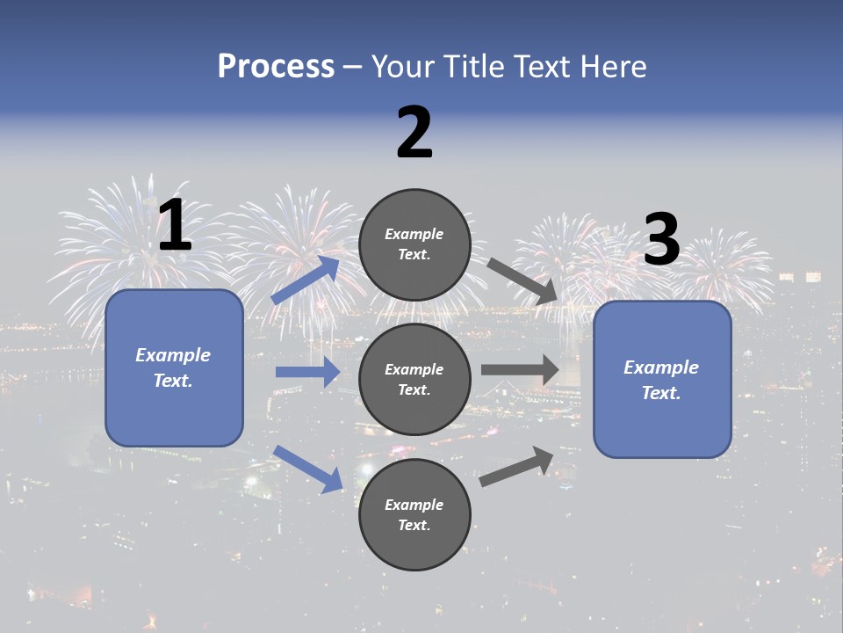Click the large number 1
coord(175,226)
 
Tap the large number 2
coord(414,133)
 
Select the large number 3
coord(662,240)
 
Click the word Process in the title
coord(276,66)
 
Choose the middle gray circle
coord(415,379)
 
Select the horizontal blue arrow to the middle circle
coord(307,372)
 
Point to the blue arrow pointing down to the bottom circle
coord(308,469)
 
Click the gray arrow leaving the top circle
coord(523,282)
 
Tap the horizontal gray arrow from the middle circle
coord(520,369)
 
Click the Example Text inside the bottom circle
coord(414,515)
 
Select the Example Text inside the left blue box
coord(173,367)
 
